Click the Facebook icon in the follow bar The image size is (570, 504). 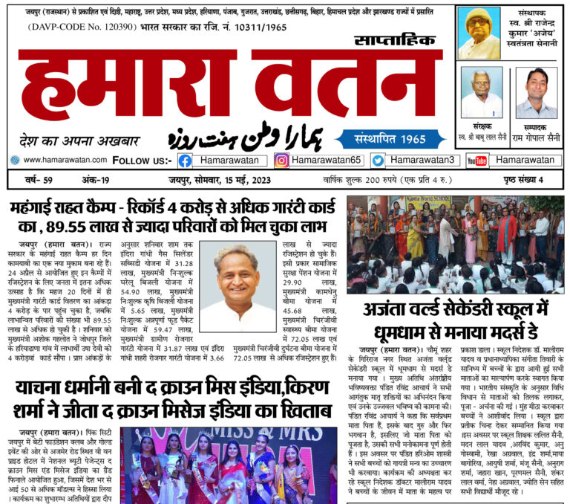click(185, 161)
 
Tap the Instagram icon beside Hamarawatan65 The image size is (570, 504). click(281, 161)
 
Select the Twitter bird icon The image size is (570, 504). click(378, 161)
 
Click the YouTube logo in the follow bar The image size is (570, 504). click(477, 161)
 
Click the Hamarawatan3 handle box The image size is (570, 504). click(422, 160)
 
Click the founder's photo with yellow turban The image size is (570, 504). click(479, 33)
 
